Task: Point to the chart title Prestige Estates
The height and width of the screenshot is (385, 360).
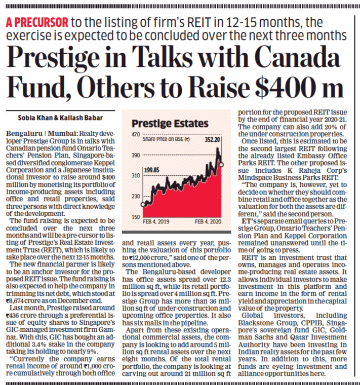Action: pyautogui.click(x=170, y=123)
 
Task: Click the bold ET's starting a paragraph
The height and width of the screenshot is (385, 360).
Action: pyautogui.click(x=248, y=221)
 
